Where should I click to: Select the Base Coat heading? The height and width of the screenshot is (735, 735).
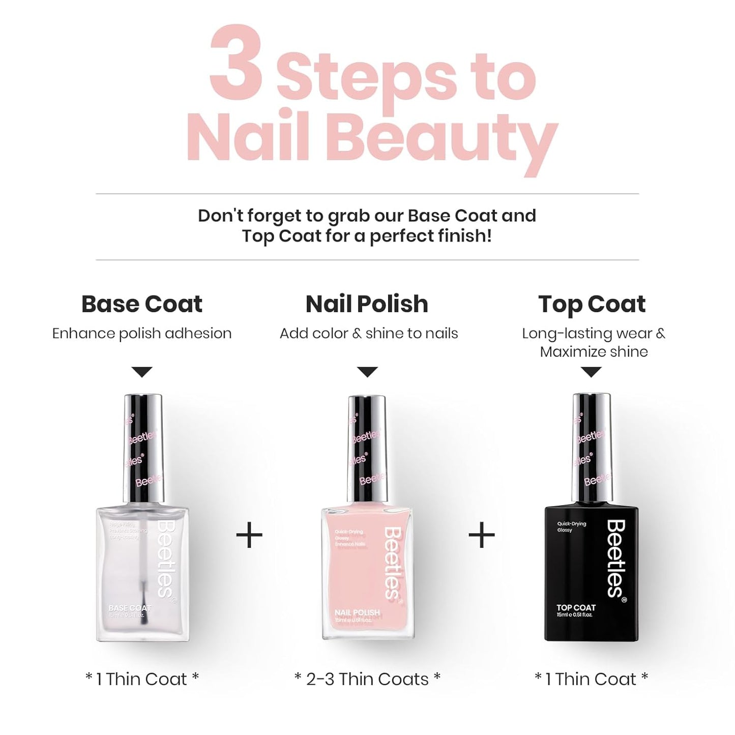pyautogui.click(x=142, y=304)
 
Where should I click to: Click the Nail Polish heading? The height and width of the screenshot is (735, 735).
pyautogui.click(x=367, y=304)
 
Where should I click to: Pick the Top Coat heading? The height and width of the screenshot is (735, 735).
pyautogui.click(x=592, y=304)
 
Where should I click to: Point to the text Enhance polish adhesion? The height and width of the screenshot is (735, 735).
pyautogui.click(x=142, y=334)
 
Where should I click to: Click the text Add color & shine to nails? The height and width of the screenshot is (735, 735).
pyautogui.click(x=369, y=334)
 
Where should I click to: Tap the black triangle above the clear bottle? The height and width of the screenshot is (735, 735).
pyautogui.click(x=142, y=372)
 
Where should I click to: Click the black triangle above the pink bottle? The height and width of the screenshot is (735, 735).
pyautogui.click(x=367, y=372)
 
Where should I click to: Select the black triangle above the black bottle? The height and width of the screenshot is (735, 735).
pyautogui.click(x=591, y=372)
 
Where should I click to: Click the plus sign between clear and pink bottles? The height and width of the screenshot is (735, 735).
pyautogui.click(x=249, y=535)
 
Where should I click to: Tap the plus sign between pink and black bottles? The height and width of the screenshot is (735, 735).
pyautogui.click(x=481, y=535)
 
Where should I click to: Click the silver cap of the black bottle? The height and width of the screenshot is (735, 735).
pyautogui.click(x=592, y=448)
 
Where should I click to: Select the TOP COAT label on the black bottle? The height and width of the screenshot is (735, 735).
pyautogui.click(x=576, y=607)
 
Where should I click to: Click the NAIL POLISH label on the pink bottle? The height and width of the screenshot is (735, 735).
pyautogui.click(x=357, y=612)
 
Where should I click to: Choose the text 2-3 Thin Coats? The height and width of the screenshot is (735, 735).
pyautogui.click(x=367, y=679)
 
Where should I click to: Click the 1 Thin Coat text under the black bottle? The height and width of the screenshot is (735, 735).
pyautogui.click(x=591, y=679)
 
